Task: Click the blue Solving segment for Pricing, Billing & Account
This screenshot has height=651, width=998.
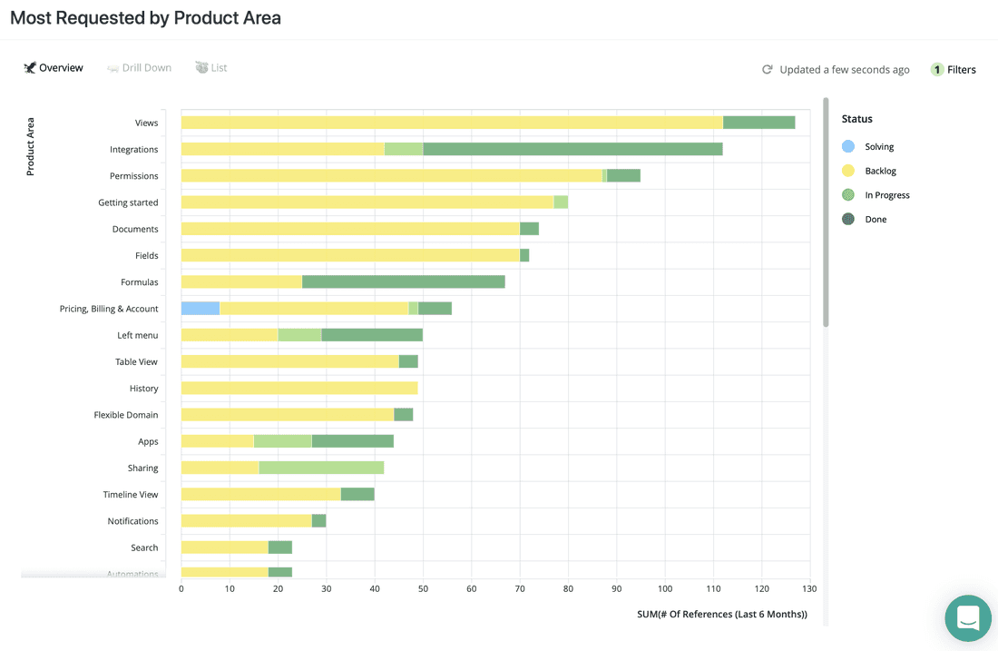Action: point(201,309)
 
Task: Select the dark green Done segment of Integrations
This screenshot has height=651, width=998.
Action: point(572,149)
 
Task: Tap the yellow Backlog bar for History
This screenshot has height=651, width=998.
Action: point(299,389)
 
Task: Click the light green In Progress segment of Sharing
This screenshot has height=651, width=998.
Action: point(321,468)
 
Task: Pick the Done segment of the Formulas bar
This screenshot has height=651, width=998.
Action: point(403,282)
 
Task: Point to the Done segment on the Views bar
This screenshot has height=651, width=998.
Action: point(758,123)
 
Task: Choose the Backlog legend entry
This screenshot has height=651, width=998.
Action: point(880,171)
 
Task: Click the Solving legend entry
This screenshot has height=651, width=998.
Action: point(878,146)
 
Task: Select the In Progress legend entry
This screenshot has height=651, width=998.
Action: point(886,195)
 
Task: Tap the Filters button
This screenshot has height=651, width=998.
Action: point(954,69)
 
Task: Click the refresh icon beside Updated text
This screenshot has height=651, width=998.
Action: point(767,69)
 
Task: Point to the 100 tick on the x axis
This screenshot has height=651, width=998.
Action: point(665,588)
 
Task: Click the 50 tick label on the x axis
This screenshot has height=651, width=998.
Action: point(423,588)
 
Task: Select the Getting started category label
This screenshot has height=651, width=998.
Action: point(128,202)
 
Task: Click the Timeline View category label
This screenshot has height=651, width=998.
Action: point(130,495)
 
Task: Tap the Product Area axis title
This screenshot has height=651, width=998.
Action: point(30,146)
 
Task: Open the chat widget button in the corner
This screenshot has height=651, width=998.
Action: point(967,618)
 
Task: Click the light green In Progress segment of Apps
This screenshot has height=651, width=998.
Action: point(282,441)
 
